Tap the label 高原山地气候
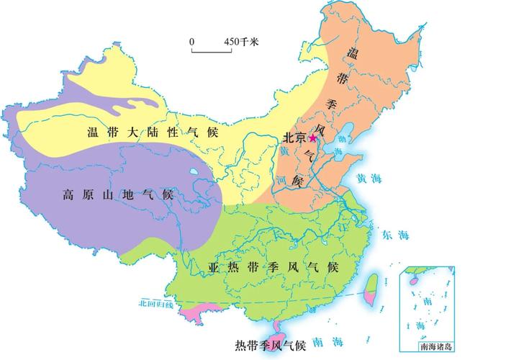pos(118,194)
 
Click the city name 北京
pos(295,137)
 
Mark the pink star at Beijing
pos(313,138)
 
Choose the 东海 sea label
pos(395,234)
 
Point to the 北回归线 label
pos(156,305)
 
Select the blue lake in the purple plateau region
pos(195,173)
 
